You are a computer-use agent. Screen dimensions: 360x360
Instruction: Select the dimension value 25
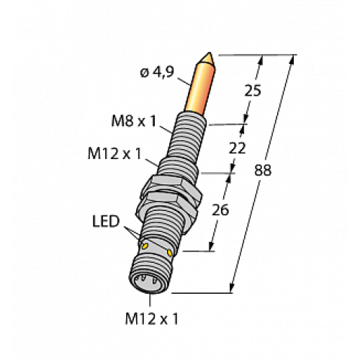253,91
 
